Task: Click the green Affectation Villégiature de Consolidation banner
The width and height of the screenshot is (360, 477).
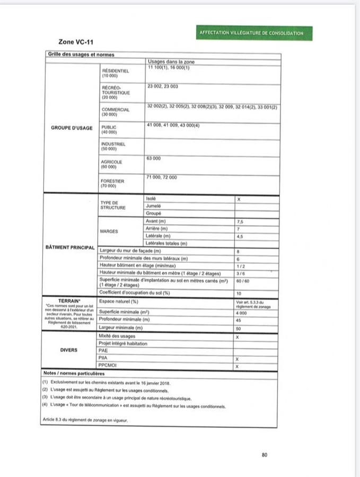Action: [x=251, y=33]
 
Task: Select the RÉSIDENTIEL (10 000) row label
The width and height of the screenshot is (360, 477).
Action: [x=115, y=73]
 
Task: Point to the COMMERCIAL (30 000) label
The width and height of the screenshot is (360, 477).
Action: [x=116, y=112]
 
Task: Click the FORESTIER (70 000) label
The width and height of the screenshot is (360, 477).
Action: [x=112, y=183]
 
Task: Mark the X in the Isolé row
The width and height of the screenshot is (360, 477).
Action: [x=239, y=199]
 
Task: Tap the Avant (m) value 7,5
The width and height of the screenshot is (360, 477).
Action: [x=240, y=221]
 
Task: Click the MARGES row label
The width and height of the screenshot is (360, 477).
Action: [x=109, y=232]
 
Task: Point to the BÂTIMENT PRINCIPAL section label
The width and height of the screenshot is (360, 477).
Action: [x=70, y=248]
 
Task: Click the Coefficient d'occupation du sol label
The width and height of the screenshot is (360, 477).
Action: [x=135, y=293]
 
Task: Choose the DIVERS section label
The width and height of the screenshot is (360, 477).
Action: [x=69, y=350]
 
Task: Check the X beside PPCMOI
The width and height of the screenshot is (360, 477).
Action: [x=237, y=366]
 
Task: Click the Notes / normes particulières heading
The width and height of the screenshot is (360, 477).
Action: [x=73, y=373]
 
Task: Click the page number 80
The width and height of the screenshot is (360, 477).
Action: [x=264, y=454]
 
